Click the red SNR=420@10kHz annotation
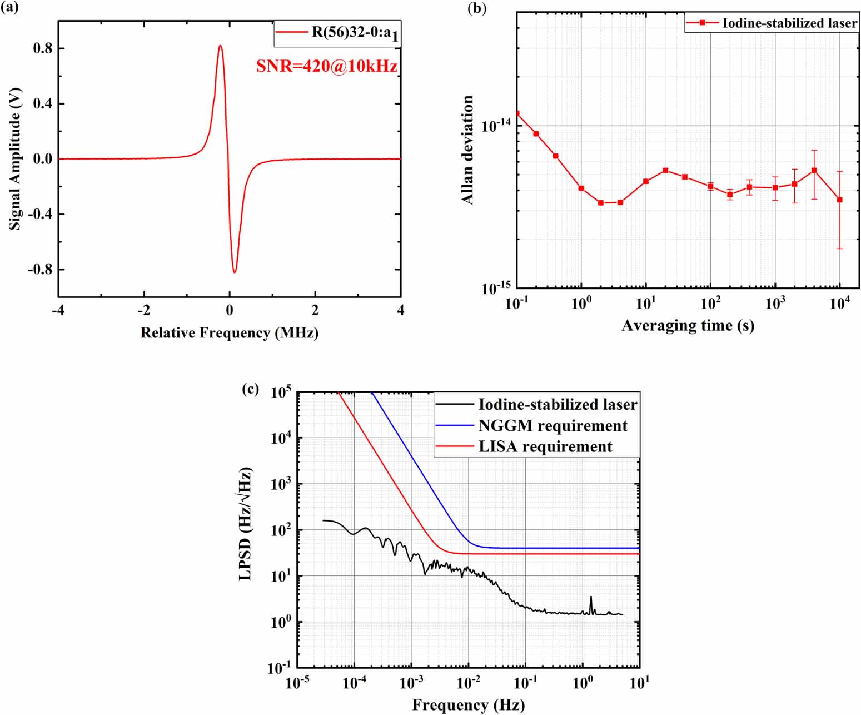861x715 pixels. [327, 66]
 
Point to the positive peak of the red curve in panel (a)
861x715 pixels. [220, 46]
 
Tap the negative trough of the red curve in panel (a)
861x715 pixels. [235, 272]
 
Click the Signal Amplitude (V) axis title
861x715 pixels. [15, 158]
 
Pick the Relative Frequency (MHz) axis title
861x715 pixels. [229, 332]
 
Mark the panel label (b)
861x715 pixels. [477, 8]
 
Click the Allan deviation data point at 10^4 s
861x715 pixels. [839, 200]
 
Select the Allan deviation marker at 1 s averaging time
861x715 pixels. [581, 188]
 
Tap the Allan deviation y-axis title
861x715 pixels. [468, 150]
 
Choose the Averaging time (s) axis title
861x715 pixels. [688, 325]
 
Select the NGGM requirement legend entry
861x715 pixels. [553, 426]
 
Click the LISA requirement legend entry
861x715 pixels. [545, 447]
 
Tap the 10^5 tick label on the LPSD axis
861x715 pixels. [281, 393]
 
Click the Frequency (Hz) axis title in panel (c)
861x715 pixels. [468, 705]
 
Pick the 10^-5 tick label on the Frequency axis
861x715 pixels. [297, 683]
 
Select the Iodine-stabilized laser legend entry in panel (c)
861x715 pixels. [558, 405]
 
